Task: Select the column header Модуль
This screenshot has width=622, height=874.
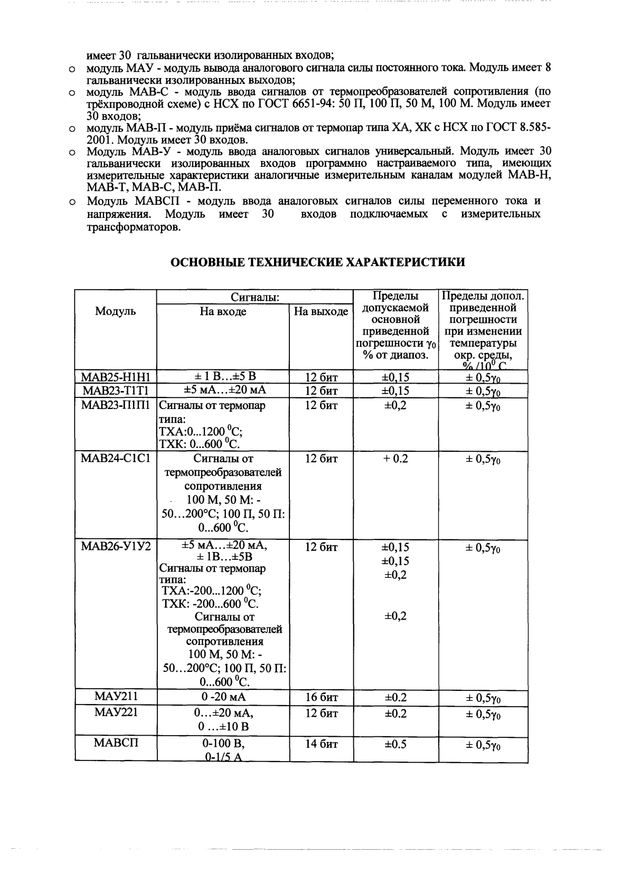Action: pyautogui.click(x=115, y=311)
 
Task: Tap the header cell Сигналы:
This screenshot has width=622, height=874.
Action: pyautogui.click(x=255, y=298)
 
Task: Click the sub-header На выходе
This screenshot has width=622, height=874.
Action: pyautogui.click(x=321, y=311)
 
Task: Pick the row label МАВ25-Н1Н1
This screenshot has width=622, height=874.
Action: pyautogui.click(x=115, y=377)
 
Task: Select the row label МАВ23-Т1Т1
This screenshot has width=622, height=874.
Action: pyautogui.click(x=115, y=391)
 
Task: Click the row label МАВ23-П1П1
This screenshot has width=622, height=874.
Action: pyautogui.click(x=115, y=405)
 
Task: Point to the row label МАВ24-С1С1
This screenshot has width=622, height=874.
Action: pyautogui.click(x=115, y=459)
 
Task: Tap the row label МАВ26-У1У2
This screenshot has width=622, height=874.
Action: pyautogui.click(x=115, y=547)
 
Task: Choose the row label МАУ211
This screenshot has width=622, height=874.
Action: pyautogui.click(x=115, y=697)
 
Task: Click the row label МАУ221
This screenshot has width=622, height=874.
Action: pyautogui.click(x=115, y=712)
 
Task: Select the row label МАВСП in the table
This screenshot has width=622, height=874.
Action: pyautogui.click(x=115, y=743)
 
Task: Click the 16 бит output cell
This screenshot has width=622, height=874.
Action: pyautogui.click(x=321, y=697)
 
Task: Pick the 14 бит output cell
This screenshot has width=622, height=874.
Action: pyautogui.click(x=321, y=744)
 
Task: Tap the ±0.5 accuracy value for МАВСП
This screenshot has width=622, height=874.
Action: pyautogui.click(x=395, y=744)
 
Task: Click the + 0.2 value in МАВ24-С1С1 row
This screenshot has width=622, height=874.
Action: pyautogui.click(x=395, y=459)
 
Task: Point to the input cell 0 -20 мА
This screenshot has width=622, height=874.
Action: pyautogui.click(x=223, y=697)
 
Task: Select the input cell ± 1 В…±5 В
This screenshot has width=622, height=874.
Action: pyautogui.click(x=223, y=376)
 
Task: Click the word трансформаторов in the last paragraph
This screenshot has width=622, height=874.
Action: pyautogui.click(x=134, y=227)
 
